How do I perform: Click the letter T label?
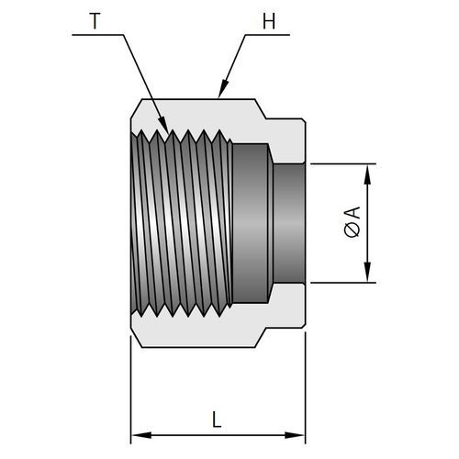(95, 21)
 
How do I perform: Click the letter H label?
(269, 21)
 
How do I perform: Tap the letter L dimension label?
(217, 420)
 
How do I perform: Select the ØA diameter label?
(353, 222)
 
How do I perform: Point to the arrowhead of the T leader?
(163, 126)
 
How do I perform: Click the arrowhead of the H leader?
(224, 89)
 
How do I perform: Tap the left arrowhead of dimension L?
(141, 435)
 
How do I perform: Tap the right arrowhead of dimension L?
(295, 435)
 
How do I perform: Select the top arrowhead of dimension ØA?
(367, 174)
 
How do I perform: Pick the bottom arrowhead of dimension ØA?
(367, 272)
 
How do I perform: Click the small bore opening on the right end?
(289, 223)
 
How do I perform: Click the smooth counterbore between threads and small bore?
(251, 223)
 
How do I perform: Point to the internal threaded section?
(181, 223)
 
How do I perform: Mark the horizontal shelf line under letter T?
(98, 35)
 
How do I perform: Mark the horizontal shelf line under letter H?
(267, 35)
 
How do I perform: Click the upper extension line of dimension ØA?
(343, 164)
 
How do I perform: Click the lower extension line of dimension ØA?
(343, 283)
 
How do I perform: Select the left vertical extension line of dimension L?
(131, 389)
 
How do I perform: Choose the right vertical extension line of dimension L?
(306, 387)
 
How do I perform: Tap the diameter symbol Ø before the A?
(353, 230)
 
